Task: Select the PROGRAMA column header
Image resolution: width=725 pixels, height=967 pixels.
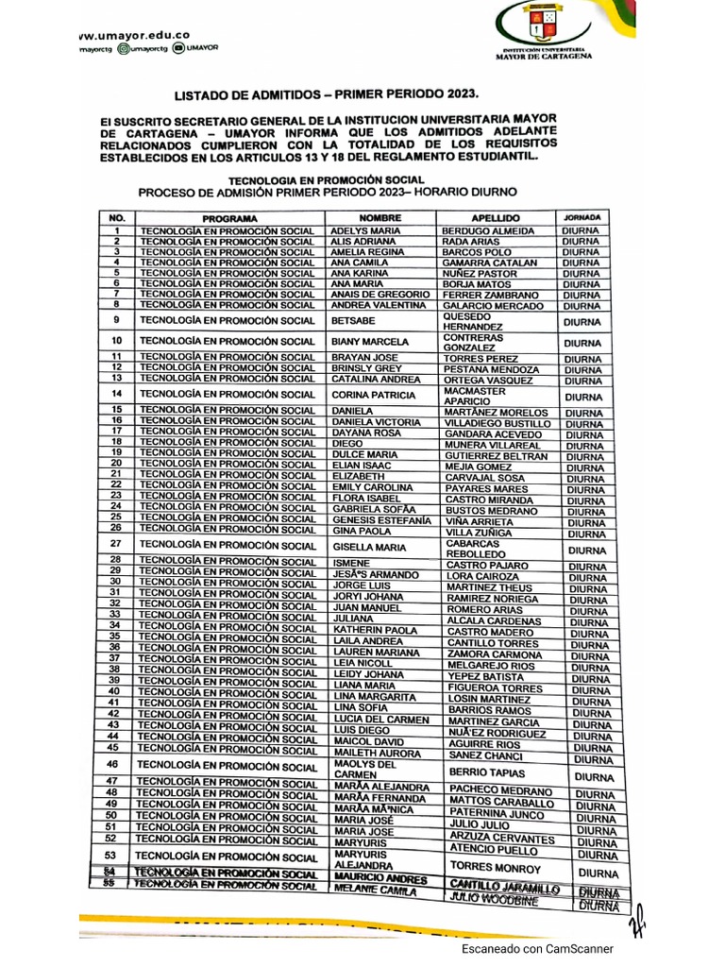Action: point(228,218)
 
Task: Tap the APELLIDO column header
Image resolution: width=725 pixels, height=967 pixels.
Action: point(493,218)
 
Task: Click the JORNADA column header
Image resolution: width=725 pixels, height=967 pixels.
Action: point(582,217)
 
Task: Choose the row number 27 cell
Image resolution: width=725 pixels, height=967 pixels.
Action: point(117,545)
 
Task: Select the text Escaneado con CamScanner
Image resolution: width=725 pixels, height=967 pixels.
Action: point(537,949)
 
